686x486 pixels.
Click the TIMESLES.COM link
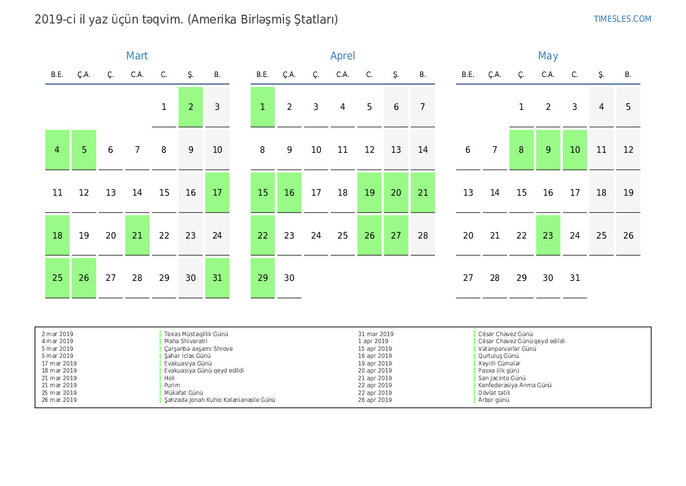tap(622, 19)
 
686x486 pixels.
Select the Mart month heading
tap(137, 56)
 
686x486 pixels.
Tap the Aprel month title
tap(343, 56)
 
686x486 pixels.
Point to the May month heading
tap(548, 56)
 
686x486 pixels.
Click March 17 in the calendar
tap(217, 192)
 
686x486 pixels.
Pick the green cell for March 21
tap(137, 235)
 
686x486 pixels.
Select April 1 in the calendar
tap(262, 107)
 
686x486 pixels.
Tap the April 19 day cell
tap(369, 192)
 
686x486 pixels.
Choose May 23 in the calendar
tap(548, 235)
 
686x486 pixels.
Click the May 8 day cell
tap(521, 150)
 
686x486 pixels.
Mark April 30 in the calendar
tap(289, 278)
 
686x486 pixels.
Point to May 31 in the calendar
tap(575, 278)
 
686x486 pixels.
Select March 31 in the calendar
tap(217, 278)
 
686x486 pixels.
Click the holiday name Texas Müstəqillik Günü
tap(196, 334)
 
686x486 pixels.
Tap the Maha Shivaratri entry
tap(185, 341)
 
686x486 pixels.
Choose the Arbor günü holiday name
tap(494, 400)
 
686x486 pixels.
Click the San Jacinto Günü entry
tap(502, 378)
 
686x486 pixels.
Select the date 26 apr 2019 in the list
tap(375, 400)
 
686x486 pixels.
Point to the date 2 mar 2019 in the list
tap(58, 334)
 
